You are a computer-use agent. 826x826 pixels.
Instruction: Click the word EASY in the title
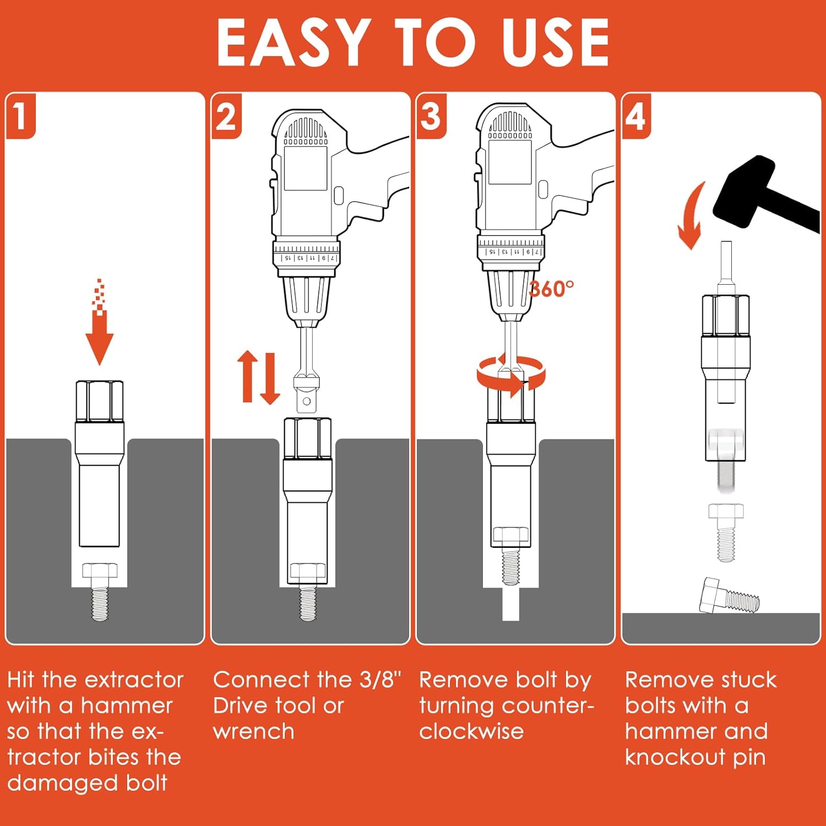[292, 43]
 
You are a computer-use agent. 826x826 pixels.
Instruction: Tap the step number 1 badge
[20, 116]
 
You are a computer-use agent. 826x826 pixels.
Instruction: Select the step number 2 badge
[226, 117]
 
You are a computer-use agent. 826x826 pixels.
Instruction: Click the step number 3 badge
[431, 116]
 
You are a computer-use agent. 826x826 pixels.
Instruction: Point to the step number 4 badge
[635, 116]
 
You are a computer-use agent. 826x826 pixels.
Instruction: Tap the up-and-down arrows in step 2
[258, 377]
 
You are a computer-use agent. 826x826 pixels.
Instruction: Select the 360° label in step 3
[551, 289]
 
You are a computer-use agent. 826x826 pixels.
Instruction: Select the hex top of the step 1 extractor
[100, 401]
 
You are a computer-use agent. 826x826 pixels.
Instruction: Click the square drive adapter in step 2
[307, 394]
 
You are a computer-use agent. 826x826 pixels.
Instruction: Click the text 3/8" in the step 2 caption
[381, 680]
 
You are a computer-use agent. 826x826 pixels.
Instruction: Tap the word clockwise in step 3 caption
[471, 732]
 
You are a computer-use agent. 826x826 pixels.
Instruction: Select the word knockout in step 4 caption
[675, 758]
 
